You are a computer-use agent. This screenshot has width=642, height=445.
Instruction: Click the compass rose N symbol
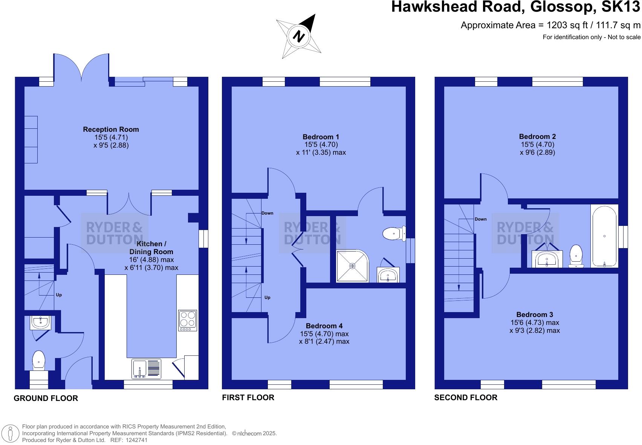point(299,37)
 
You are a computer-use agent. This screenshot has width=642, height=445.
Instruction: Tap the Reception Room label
point(111,130)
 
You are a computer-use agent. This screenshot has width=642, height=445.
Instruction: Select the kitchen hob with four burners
point(188,320)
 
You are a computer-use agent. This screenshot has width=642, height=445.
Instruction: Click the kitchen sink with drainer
point(146,369)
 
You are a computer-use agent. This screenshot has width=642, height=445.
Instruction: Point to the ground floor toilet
point(38,360)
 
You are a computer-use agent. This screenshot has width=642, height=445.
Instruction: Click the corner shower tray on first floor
point(352,266)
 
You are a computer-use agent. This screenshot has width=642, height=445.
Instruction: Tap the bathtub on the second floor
point(604,236)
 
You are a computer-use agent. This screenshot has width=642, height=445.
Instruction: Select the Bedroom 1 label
point(321,137)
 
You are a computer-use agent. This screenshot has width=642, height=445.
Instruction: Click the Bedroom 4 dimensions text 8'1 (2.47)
point(324,342)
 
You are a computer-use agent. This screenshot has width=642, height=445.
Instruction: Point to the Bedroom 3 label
point(534,315)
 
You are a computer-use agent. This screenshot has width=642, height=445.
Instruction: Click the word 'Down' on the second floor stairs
point(480,219)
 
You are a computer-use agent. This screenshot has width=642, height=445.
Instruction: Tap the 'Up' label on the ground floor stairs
point(59,295)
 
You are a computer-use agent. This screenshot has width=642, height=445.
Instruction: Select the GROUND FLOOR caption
point(46,398)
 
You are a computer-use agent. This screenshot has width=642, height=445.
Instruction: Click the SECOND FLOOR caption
point(466,398)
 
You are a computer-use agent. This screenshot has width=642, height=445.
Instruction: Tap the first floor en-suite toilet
point(394,234)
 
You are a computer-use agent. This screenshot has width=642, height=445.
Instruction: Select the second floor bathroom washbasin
point(547,259)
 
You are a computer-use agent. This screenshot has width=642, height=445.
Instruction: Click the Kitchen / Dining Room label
point(151,248)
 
